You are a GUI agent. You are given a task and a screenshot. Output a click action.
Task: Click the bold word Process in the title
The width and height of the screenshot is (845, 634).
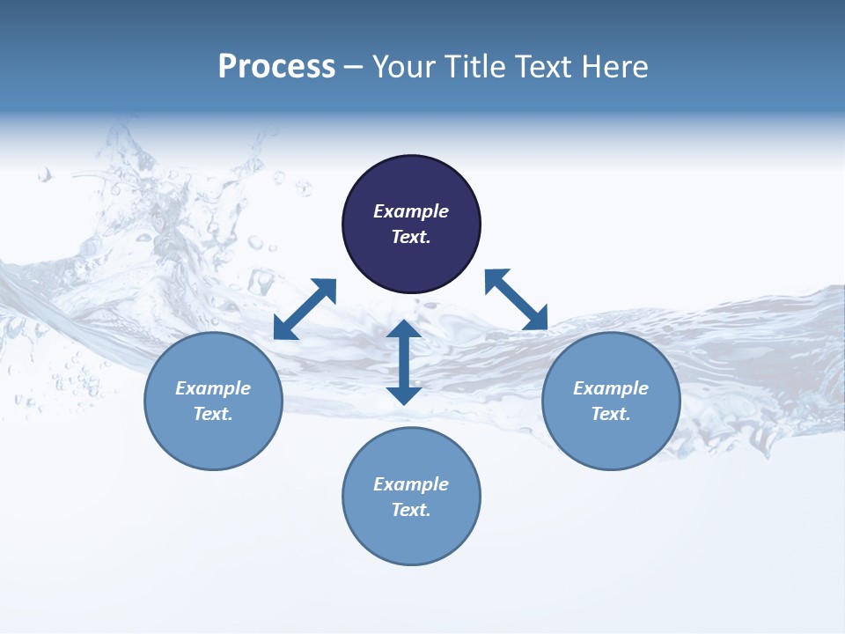(x=276, y=67)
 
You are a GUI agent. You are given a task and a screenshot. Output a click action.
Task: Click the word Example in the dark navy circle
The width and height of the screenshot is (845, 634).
(x=411, y=211)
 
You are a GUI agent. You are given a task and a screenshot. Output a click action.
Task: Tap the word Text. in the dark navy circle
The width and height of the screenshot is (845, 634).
(x=411, y=237)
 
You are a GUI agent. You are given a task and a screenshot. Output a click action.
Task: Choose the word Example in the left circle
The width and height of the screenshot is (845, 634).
(x=213, y=388)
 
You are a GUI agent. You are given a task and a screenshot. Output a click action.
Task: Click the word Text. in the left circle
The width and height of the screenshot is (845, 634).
(x=213, y=414)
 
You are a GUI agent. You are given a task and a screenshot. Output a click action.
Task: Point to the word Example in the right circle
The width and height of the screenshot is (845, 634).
(x=611, y=388)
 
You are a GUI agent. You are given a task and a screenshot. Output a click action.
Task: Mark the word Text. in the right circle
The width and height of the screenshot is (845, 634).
(x=611, y=414)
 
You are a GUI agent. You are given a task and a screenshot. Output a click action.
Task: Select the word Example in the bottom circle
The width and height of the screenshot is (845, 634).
(x=411, y=484)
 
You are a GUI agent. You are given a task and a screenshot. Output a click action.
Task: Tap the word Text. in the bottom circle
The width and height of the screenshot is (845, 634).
(x=411, y=510)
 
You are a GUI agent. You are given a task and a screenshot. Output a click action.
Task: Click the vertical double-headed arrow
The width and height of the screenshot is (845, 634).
(x=404, y=362)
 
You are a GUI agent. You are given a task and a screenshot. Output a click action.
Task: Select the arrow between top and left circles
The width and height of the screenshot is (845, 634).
(x=305, y=309)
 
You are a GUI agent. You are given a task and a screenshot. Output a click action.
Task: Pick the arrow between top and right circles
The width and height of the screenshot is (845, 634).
(x=516, y=299)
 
